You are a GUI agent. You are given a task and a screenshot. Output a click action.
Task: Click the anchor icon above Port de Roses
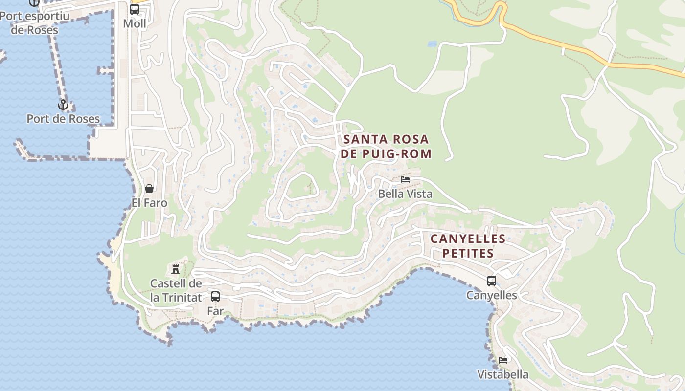point(63,105)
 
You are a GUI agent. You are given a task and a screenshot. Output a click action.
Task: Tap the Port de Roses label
point(63,119)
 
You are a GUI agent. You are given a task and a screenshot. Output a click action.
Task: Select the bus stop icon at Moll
point(135,9)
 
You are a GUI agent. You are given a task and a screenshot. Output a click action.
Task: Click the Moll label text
point(135,23)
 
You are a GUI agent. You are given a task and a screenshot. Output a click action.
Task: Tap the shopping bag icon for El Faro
point(149,189)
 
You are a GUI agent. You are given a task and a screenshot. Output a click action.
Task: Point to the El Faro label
point(149,203)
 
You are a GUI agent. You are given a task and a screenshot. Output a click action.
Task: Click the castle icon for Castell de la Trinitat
point(176,269)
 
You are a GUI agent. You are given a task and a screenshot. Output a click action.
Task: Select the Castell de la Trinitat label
point(176,290)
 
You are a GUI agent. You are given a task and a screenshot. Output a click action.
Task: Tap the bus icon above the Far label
point(215,296)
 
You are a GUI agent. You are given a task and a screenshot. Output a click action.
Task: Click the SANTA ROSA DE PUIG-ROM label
point(388,147)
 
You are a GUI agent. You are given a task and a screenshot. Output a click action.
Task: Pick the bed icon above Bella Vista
point(405,179)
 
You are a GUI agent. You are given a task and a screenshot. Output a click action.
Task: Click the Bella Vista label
point(405,194)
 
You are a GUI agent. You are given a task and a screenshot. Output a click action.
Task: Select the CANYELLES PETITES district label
point(468,246)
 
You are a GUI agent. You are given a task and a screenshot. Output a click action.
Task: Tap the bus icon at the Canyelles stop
point(492,281)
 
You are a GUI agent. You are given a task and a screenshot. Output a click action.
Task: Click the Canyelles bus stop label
point(492,295)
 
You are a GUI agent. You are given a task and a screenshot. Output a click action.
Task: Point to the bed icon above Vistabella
point(503,360)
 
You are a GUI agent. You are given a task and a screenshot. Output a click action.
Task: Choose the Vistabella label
point(503,375)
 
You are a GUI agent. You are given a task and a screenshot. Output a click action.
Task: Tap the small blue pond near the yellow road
point(432,44)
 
